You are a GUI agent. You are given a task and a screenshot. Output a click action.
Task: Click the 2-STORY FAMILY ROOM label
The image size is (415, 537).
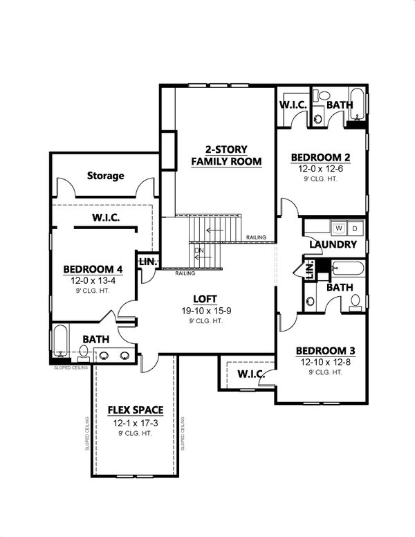(226, 156)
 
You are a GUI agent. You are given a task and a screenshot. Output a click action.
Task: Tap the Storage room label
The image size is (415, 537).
(106, 176)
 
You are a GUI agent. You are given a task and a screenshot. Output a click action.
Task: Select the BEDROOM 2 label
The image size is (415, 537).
(320, 156)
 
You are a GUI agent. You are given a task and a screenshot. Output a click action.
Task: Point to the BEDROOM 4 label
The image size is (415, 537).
(93, 269)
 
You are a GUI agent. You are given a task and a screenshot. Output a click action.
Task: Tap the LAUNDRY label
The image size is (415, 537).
(333, 244)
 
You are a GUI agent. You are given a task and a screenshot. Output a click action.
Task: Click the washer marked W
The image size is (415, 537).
(340, 228)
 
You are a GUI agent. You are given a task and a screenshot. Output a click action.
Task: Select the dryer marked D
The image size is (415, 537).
(354, 228)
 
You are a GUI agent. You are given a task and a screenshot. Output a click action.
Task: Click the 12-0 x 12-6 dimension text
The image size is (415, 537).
(320, 168)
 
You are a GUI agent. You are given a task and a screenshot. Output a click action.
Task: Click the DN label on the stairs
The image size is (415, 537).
(199, 250)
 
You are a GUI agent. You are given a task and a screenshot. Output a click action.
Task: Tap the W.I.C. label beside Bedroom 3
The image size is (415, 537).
(248, 374)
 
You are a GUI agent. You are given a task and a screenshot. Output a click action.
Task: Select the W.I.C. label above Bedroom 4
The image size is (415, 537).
(107, 218)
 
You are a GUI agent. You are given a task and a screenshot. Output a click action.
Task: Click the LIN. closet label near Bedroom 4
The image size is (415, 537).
(148, 262)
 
